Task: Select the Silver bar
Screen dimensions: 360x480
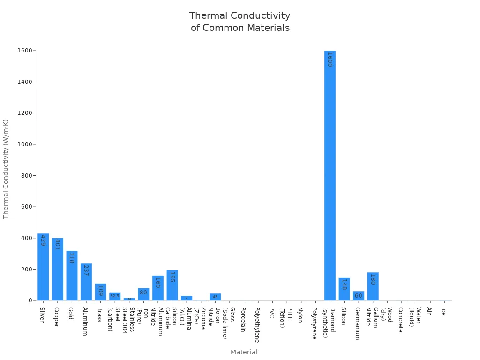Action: (43, 267)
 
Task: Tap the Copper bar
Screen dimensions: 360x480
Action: (57, 270)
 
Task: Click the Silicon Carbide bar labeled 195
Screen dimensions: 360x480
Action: (172, 285)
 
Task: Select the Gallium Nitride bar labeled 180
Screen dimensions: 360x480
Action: (373, 286)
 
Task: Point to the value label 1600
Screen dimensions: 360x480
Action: (330, 60)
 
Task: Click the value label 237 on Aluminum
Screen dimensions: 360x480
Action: (86, 270)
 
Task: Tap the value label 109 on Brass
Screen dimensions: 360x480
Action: (100, 291)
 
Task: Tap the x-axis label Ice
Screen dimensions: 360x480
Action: (443, 311)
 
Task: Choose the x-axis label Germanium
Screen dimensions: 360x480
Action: (358, 323)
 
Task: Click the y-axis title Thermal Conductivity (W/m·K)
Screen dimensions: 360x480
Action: (6, 169)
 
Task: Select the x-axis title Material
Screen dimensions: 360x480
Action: (244, 352)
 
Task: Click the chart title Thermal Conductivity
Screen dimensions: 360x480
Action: (240, 16)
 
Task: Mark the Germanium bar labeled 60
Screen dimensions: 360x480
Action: (359, 296)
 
